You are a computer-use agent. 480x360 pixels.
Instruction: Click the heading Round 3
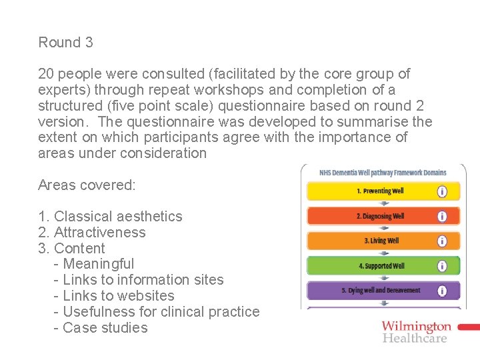[x=65, y=43]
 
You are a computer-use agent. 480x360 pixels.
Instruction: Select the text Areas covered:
[x=87, y=185]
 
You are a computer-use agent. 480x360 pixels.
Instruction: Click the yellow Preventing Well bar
[x=371, y=191]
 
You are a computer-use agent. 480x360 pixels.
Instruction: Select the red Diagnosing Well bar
[x=371, y=216]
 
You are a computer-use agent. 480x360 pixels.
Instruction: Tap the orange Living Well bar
[x=371, y=241]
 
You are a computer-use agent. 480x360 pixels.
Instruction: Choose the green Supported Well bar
[x=371, y=266]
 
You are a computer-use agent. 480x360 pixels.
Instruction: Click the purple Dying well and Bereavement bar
[x=371, y=291]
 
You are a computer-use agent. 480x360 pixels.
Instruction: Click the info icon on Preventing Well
[x=441, y=191]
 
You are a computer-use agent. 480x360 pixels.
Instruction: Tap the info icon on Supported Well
[x=441, y=266]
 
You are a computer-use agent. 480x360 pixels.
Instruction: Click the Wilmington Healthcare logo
[x=417, y=331]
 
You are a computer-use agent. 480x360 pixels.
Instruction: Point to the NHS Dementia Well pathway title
[x=383, y=173]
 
